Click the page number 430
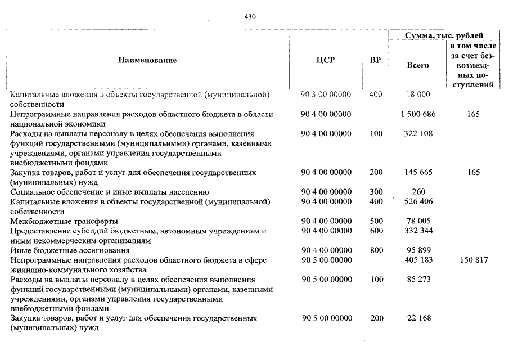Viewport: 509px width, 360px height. [x=250, y=17]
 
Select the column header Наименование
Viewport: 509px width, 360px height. [x=147, y=60]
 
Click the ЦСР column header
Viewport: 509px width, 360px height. [x=326, y=60]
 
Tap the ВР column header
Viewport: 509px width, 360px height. [x=375, y=60]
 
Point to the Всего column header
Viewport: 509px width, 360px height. [x=417, y=65]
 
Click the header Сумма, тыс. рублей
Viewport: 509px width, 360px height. [x=444, y=35]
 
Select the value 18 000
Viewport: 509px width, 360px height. [x=417, y=94]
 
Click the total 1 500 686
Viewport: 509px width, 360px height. [x=417, y=114]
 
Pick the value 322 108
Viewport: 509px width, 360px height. [x=417, y=134]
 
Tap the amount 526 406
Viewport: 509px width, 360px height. [x=417, y=201]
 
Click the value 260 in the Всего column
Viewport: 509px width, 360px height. [x=417, y=192]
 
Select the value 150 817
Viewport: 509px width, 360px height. [x=473, y=260]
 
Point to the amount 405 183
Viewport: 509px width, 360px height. [x=417, y=260]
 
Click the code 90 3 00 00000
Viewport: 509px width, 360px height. [x=326, y=94]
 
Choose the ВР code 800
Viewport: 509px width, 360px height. [x=376, y=250]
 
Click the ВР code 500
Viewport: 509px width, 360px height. [x=376, y=221]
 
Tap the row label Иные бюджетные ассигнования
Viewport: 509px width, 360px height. [x=70, y=250]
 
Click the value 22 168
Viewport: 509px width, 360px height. [x=417, y=318]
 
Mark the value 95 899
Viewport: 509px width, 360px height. [x=417, y=250]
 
